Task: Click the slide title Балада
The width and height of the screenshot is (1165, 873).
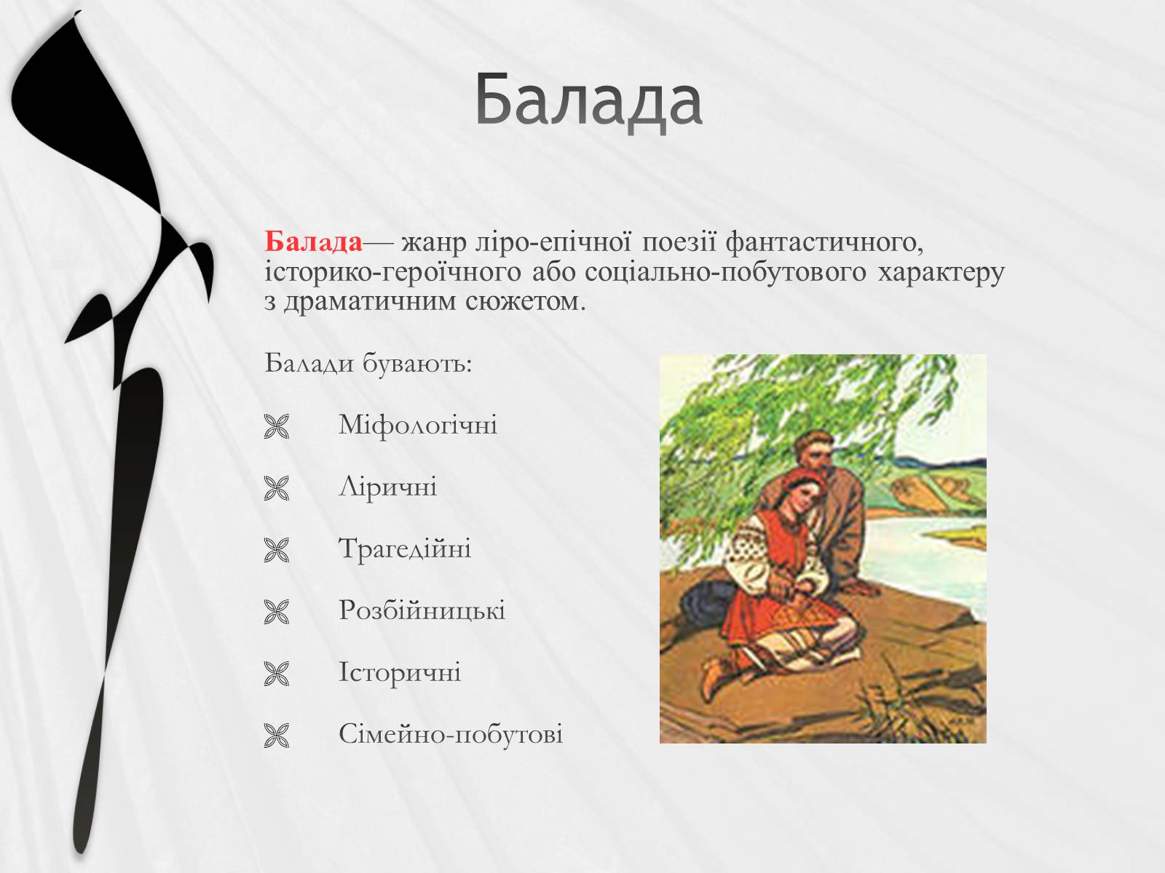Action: [x=588, y=100]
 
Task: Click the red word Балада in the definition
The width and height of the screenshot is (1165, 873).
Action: [x=313, y=242]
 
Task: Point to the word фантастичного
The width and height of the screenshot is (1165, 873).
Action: [x=824, y=243]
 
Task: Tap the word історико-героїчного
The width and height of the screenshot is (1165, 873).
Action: [x=392, y=273]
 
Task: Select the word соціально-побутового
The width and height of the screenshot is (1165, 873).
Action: [x=726, y=272]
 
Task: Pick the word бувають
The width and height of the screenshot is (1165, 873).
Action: [x=417, y=364]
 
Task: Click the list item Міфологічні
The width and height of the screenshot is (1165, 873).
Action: [x=418, y=425]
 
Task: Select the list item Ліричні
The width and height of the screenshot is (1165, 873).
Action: [x=387, y=487]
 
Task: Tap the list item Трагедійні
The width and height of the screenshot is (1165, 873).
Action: [x=405, y=549]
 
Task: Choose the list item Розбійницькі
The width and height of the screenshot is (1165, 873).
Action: [x=422, y=610]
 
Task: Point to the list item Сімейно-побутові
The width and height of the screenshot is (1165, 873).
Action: [x=451, y=733]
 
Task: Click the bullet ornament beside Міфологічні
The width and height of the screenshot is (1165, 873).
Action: [x=277, y=426]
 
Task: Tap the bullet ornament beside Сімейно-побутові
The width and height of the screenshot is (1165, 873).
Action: [x=277, y=736]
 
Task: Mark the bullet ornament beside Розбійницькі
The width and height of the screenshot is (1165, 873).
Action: [x=277, y=612]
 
